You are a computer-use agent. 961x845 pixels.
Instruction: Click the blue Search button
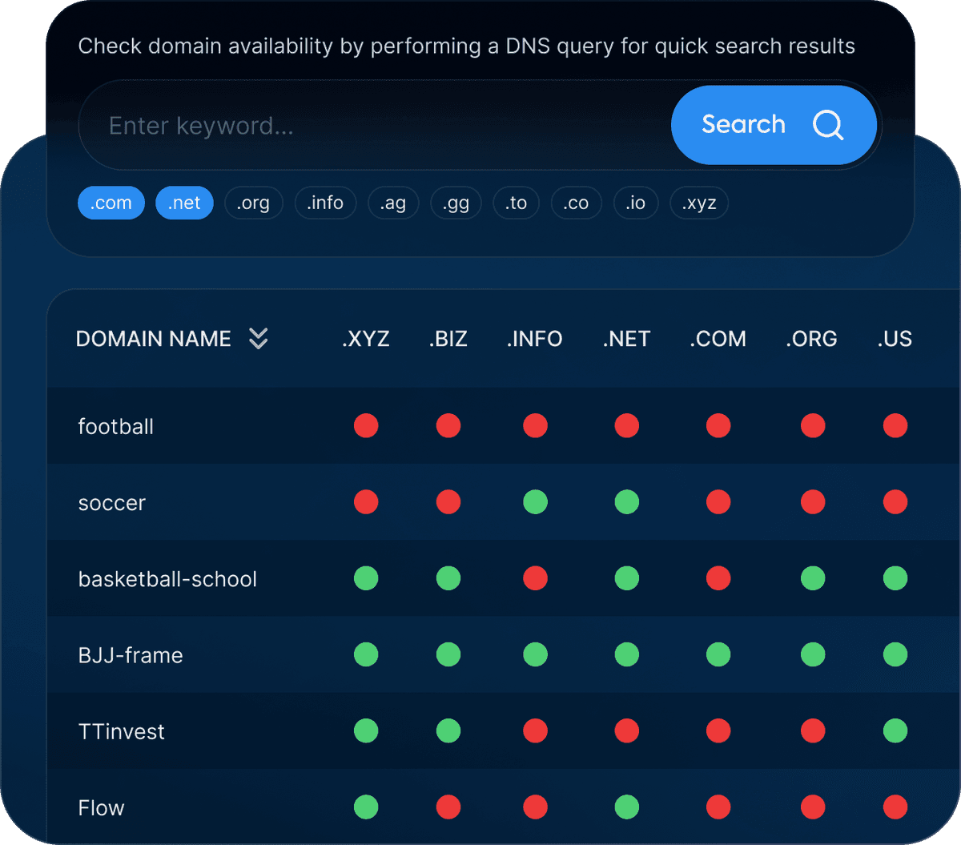point(773,125)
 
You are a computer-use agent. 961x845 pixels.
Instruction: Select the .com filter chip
point(111,203)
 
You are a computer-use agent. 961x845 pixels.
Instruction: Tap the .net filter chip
point(184,203)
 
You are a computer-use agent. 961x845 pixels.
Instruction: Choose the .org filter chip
point(253,203)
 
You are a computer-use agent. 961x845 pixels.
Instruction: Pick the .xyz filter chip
point(698,203)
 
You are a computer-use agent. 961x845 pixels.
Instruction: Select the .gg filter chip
point(456,203)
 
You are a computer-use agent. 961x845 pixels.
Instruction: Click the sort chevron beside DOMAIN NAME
point(258,339)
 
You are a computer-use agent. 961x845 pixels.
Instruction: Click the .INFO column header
point(534,339)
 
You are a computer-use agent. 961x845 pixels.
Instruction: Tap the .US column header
point(895,339)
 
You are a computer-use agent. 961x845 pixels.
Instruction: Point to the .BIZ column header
point(448,339)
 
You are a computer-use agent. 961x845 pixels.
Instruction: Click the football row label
point(115,426)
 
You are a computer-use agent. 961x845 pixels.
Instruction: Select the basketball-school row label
point(167,579)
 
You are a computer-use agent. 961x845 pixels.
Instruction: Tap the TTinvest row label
point(121,731)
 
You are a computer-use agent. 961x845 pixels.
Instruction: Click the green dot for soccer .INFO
point(535,502)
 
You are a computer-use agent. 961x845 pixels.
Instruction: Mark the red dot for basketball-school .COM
point(718,578)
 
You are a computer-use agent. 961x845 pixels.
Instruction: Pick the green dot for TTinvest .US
point(895,730)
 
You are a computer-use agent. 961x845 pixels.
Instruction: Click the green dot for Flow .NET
point(626,807)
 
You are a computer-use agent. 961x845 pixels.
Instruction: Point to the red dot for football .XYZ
point(366,426)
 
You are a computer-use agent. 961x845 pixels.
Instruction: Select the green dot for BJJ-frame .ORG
point(813,654)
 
